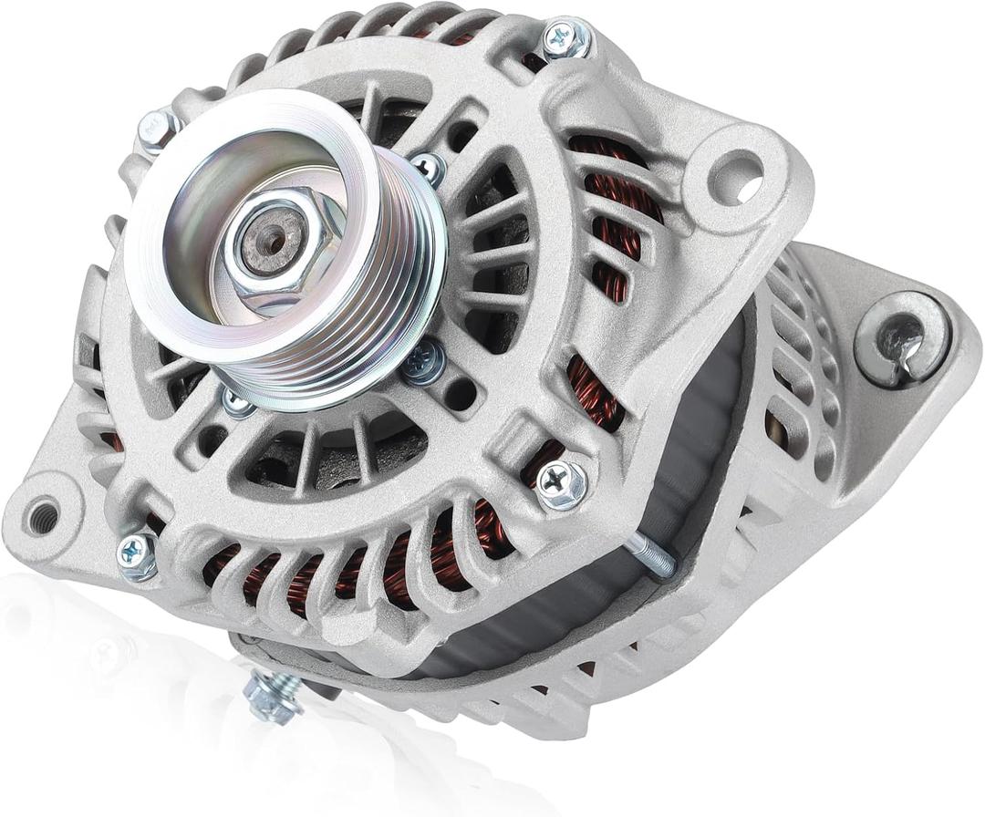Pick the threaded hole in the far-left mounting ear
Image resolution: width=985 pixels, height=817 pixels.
click(40, 517)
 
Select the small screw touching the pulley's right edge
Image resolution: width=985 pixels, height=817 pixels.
click(427, 167)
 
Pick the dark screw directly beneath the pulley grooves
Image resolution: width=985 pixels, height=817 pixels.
click(423, 362)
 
